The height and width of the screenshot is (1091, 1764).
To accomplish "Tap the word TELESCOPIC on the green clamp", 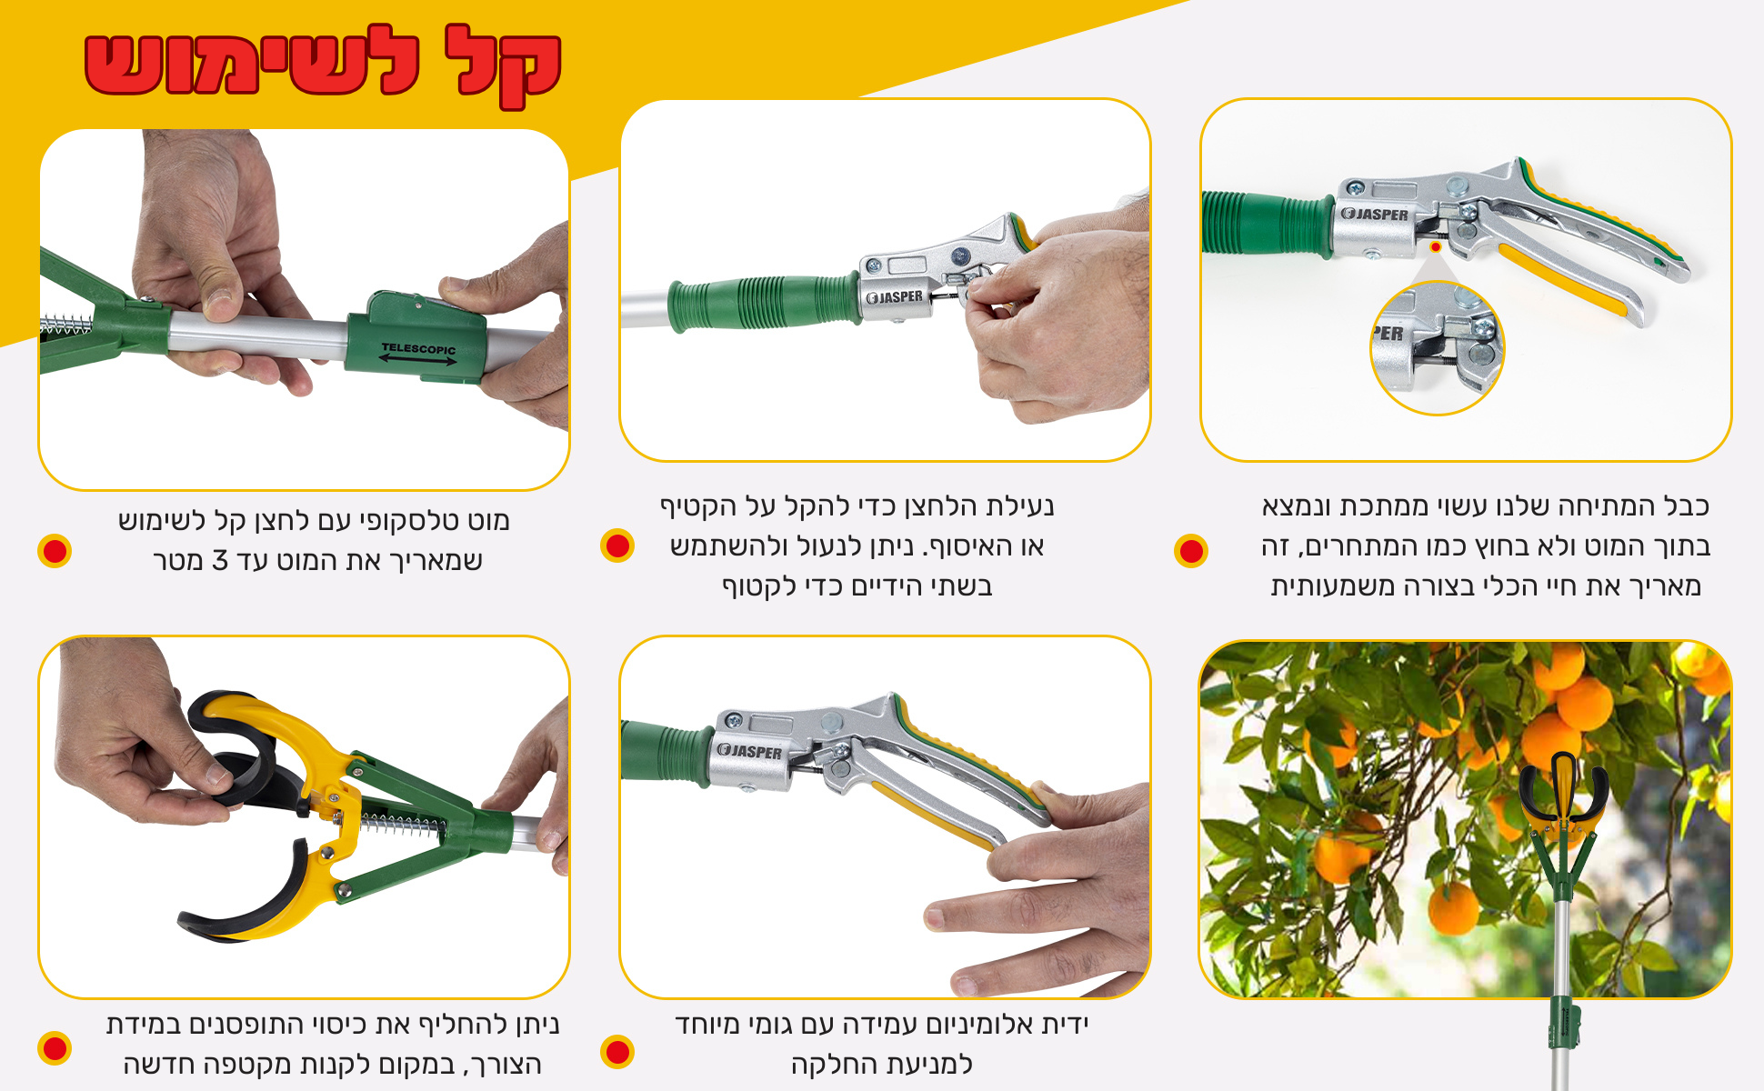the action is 419,348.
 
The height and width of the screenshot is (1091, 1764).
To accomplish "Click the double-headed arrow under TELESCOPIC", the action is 418,360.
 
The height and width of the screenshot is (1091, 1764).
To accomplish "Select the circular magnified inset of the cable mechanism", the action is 1437,347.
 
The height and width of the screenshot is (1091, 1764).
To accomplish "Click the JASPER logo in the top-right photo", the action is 1375,215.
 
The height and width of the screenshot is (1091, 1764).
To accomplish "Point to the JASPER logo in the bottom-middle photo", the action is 749,751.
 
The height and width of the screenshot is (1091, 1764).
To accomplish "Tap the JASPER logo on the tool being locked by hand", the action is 895,297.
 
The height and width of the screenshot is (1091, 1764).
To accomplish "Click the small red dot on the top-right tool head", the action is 1436,246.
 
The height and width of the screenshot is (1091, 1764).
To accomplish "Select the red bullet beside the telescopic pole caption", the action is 55,551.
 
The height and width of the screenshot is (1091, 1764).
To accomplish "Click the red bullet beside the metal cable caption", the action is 1191,551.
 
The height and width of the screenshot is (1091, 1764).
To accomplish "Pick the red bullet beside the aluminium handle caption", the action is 617,1052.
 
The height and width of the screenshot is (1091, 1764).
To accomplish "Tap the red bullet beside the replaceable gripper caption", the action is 55,1048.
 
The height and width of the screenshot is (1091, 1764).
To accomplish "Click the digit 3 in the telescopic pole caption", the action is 220,561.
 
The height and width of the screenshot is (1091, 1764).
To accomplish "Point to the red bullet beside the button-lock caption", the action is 617,545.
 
